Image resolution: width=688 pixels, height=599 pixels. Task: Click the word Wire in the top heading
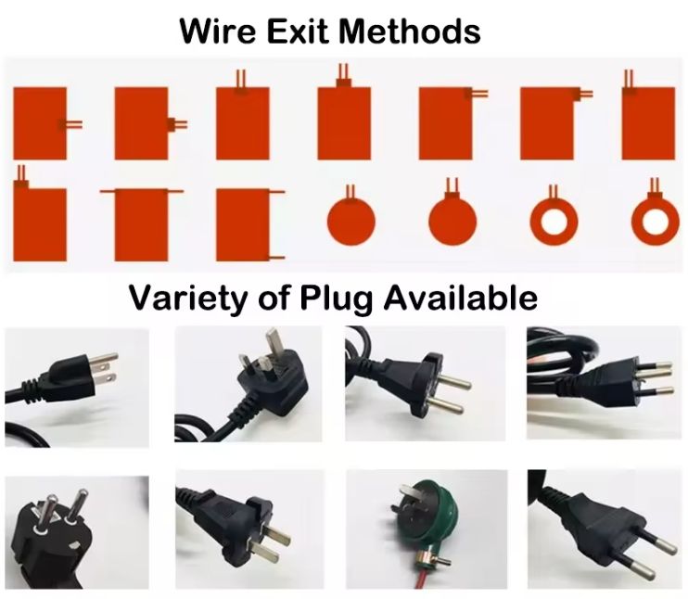coord(220,31)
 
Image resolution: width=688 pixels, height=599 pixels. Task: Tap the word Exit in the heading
coord(299,31)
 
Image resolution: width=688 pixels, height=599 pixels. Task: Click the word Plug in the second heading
coord(331,298)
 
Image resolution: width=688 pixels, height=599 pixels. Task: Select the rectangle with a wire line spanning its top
coord(141,223)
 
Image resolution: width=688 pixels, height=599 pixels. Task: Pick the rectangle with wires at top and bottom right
coord(243,224)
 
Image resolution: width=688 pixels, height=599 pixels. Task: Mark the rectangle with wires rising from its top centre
coord(344,121)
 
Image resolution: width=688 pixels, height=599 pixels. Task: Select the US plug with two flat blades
coord(70,376)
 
